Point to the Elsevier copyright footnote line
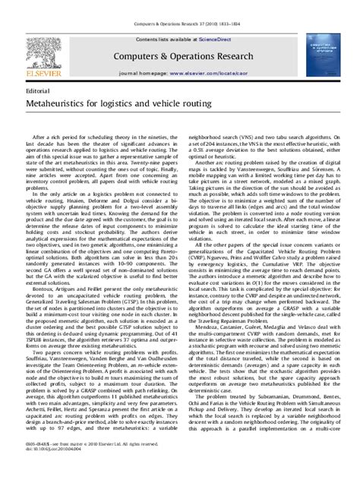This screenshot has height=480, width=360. [76, 464]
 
